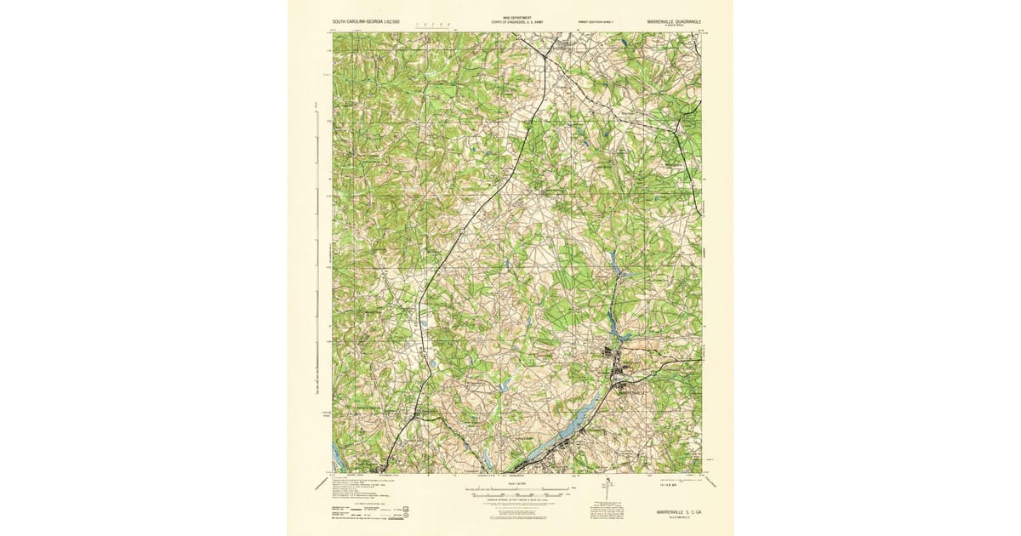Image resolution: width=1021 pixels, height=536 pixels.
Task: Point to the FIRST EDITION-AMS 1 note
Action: click(x=596, y=23)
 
